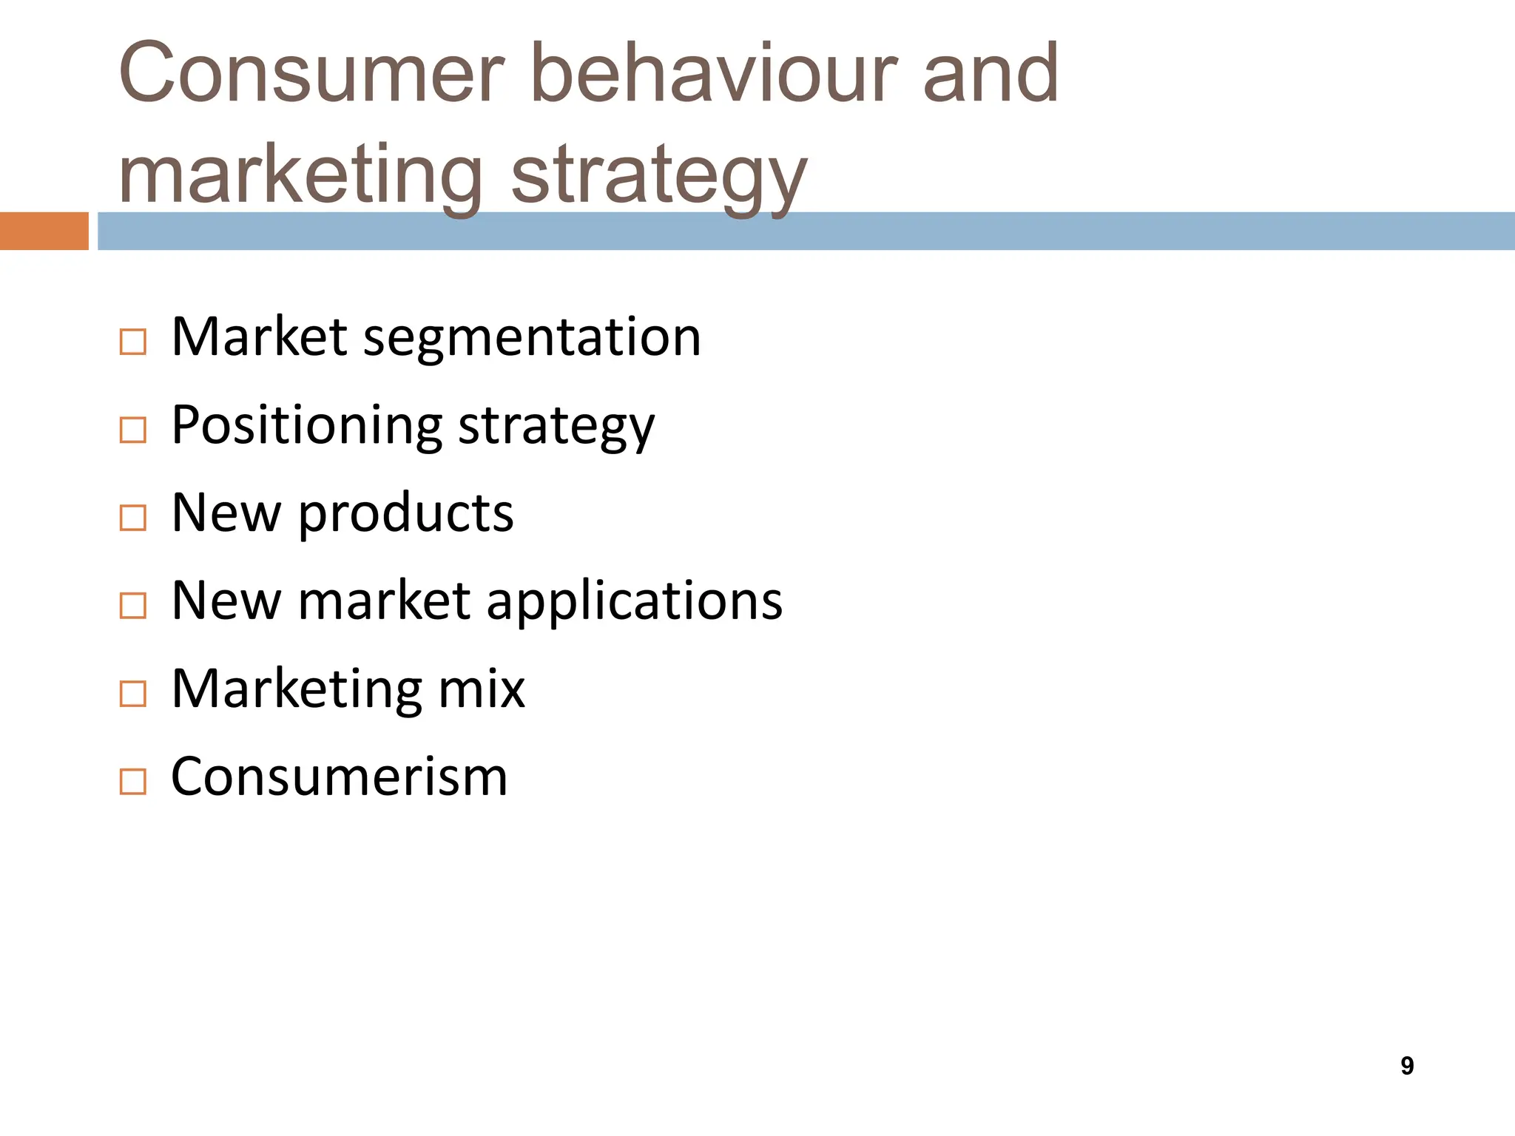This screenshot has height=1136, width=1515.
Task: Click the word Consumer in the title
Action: click(x=311, y=74)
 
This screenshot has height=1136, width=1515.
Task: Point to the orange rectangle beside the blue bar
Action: click(x=44, y=231)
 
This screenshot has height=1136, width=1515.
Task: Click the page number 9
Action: click(x=1407, y=1066)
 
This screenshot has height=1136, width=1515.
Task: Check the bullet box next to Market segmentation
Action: click(x=132, y=342)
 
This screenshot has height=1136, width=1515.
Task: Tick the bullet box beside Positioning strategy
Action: click(x=132, y=430)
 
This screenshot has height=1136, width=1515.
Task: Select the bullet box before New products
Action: click(x=132, y=518)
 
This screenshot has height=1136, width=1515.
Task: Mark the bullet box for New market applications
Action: click(x=132, y=606)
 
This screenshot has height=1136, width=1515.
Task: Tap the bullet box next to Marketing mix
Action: click(x=132, y=694)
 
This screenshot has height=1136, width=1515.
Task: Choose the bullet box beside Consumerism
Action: click(x=132, y=782)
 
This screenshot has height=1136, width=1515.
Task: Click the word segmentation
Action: click(x=531, y=339)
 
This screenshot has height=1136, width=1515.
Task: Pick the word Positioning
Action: click(x=306, y=427)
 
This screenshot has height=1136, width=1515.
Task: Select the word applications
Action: click(x=634, y=601)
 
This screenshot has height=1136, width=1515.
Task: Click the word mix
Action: click(x=481, y=689)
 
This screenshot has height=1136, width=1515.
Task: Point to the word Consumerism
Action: click(x=339, y=777)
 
